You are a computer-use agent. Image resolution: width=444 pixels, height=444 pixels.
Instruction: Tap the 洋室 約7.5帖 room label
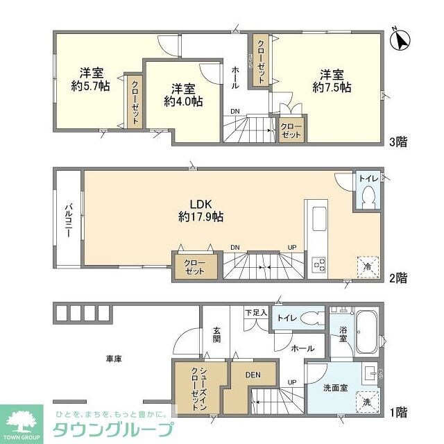[332, 80]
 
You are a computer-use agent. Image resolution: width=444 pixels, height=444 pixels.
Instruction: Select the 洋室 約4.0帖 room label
[183, 94]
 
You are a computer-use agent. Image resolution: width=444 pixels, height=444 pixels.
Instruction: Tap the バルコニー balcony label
[69, 220]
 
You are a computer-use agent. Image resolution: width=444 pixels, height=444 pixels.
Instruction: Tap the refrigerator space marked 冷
[367, 266]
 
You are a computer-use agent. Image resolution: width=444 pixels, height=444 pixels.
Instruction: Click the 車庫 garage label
[114, 359]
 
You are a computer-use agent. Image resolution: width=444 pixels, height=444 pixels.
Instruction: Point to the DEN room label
[253, 375]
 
